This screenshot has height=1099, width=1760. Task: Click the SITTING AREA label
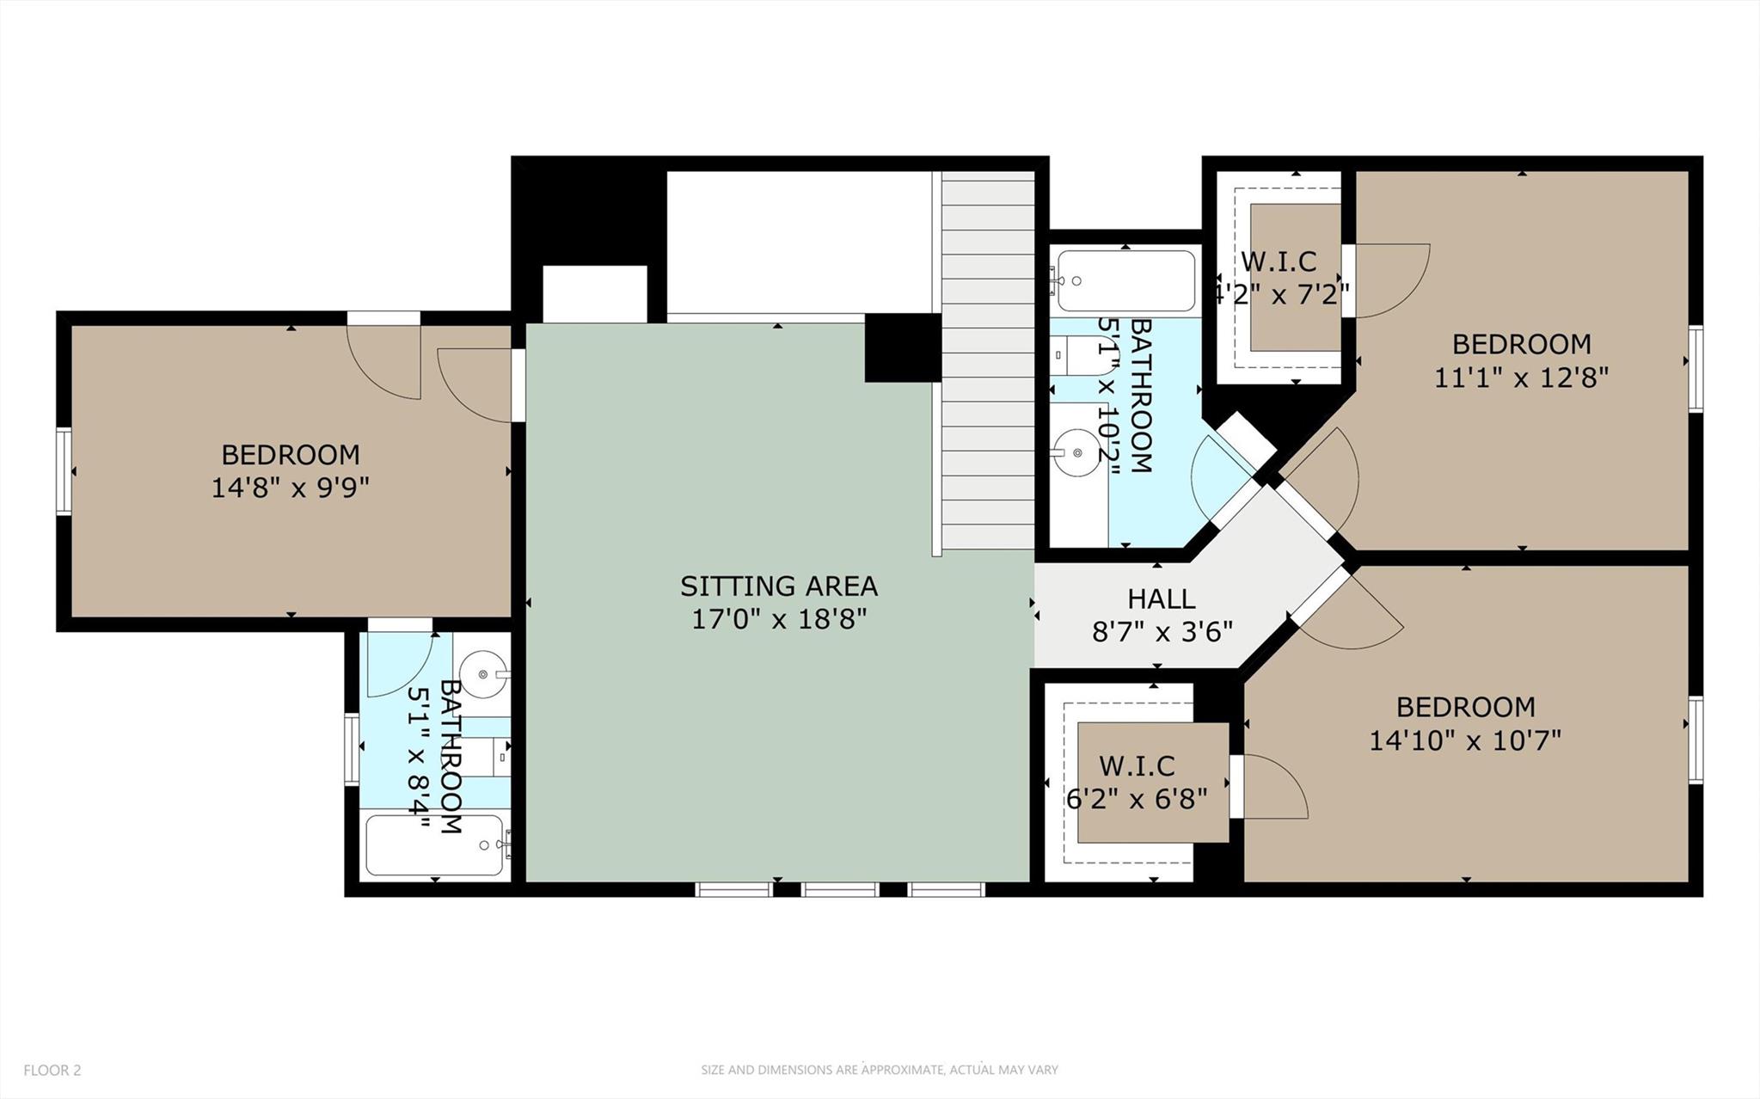coord(778,586)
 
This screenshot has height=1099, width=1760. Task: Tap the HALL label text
coord(1161,599)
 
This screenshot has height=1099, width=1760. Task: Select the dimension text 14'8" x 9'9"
coord(291,488)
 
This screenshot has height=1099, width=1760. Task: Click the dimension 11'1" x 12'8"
coord(1521,378)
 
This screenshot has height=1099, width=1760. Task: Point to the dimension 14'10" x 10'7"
coord(1465,740)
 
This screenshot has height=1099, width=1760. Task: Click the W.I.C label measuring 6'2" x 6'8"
coord(1137,765)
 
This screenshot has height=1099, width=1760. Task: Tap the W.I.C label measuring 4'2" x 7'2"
coord(1279,261)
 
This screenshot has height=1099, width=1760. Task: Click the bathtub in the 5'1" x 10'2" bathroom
coord(1125,281)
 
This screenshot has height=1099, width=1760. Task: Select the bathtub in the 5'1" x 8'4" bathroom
coord(434,845)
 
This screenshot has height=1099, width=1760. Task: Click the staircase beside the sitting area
coord(988,361)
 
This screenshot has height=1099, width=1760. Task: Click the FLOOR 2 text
coord(52,1071)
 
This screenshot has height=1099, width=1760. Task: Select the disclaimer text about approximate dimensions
coord(879,1071)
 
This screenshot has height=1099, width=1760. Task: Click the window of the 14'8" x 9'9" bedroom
coord(64,471)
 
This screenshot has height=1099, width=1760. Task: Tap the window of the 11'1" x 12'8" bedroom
coord(1695,369)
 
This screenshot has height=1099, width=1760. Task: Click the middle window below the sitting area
coord(840,890)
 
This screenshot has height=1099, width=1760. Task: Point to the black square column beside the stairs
coord(902,347)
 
